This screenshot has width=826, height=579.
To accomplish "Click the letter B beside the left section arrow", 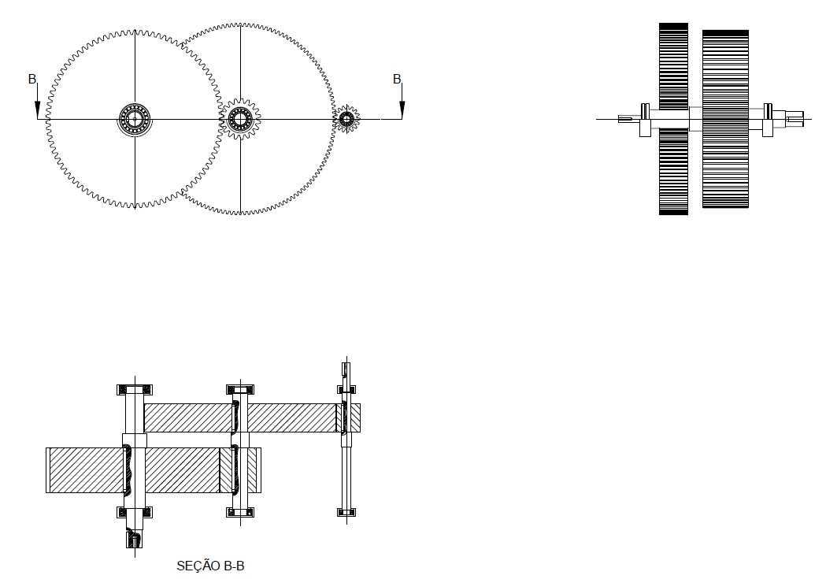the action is pos(32,79).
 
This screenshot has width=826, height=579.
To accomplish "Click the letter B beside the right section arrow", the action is pos(397,79).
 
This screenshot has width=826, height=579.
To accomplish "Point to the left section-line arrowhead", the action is pos(37,109).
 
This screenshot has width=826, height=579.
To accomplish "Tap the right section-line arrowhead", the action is pos(402,109).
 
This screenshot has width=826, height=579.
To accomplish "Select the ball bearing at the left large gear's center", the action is pos(135,118).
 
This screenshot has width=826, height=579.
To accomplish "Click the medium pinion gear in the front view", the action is pos(240,118).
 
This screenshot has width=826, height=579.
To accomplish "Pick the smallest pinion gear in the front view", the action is pos(346,119).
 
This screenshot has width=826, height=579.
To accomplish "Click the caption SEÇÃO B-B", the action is pos(210,566).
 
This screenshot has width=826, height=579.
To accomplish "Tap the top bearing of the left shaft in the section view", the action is pos(135,390).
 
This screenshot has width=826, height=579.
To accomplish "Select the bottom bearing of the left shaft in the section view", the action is pos(135,512).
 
